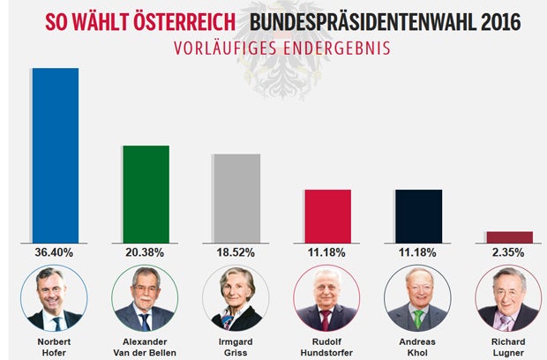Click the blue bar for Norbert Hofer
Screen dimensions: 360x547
[x=56, y=155]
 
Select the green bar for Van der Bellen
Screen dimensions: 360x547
[x=146, y=194]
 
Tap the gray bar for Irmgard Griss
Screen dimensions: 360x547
[x=237, y=199]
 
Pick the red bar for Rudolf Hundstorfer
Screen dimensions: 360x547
[x=327, y=216]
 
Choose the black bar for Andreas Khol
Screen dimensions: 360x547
[x=418, y=216]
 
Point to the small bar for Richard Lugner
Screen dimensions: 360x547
[x=509, y=237]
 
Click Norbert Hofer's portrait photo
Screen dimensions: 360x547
[x=54, y=299]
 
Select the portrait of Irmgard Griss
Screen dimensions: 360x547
[x=236, y=299]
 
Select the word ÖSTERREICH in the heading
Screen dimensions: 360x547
[x=182, y=20]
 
